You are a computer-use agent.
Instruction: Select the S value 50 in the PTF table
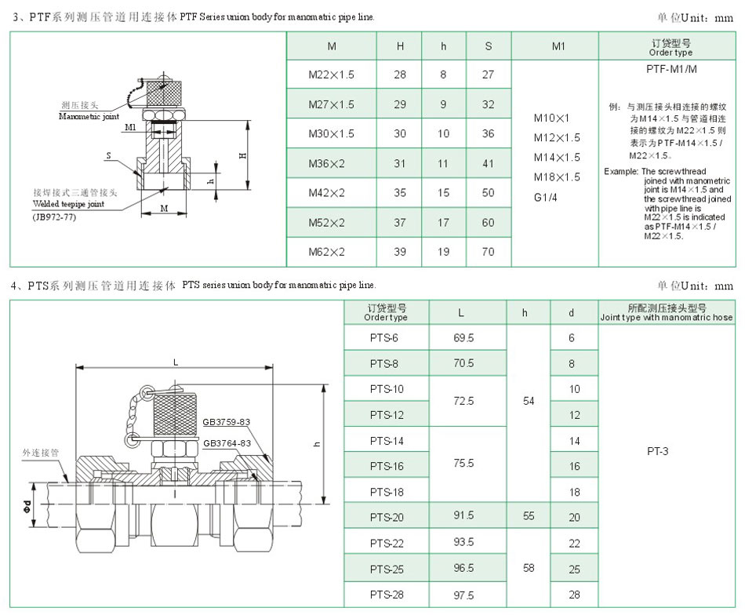coord(488,192)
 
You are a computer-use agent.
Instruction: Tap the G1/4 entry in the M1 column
coord(546,197)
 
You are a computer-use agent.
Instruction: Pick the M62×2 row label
coord(326,252)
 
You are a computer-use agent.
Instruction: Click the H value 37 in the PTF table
coord(400,223)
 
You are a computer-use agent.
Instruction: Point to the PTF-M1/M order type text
coord(671,69)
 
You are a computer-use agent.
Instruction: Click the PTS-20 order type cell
coord(387,517)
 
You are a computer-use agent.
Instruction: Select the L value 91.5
coord(463,515)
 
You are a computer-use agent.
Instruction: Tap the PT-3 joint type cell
coord(658,451)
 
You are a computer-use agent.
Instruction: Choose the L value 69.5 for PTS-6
coord(463,338)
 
